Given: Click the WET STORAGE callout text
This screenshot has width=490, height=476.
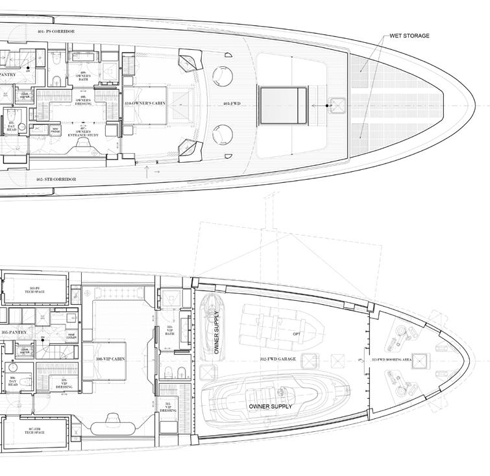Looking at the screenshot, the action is pyautogui.click(x=409, y=36).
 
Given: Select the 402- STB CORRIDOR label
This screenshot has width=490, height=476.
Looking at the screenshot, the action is pyautogui.click(x=57, y=179).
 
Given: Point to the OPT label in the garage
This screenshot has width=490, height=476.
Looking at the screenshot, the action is pyautogui.click(x=297, y=334).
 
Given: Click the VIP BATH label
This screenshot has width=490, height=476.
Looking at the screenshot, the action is pyautogui.click(x=170, y=329).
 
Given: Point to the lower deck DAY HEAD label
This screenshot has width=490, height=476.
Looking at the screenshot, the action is pyautogui.click(x=12, y=383).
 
